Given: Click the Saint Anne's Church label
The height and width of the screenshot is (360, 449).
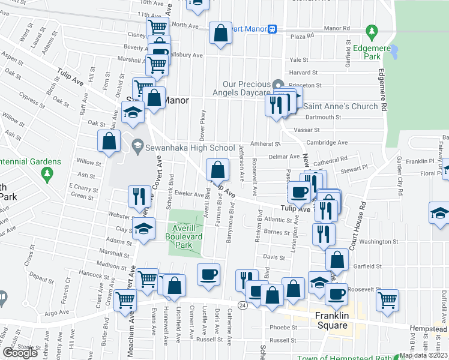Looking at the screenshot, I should [x=340, y=106].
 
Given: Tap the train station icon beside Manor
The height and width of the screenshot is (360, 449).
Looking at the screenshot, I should [x=272, y=28].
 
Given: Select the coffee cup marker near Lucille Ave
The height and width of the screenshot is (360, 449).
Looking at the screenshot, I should [x=209, y=275].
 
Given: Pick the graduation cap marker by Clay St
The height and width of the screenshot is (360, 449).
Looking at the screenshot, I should [x=143, y=229].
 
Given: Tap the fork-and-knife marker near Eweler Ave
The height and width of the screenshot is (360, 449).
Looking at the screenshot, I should [x=138, y=196].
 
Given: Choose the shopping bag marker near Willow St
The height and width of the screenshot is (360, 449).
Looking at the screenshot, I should [x=109, y=142].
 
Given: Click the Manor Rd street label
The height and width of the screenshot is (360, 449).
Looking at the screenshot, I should [x=336, y=28].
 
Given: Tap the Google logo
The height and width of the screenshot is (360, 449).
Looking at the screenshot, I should [x=20, y=353].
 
